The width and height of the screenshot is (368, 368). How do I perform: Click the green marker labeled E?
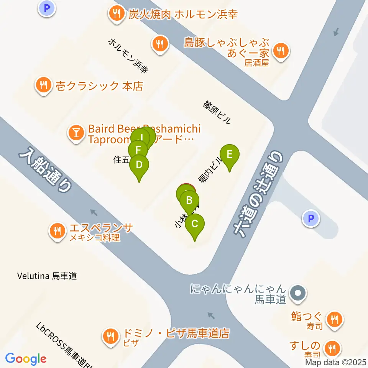[x=229, y=154]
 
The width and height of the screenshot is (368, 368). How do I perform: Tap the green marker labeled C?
[x=194, y=224]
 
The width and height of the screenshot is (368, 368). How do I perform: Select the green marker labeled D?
[x=139, y=165]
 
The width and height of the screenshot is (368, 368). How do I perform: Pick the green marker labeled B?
[x=189, y=200]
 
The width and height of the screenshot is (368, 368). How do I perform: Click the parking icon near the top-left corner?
[x=47, y=8]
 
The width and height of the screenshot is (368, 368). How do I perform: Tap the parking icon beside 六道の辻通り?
[x=311, y=219]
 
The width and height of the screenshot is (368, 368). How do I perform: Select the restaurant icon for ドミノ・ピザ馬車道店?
[x=111, y=336]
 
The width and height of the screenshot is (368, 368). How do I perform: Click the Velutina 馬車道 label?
[x=47, y=276]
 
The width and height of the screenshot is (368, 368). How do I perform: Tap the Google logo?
[x=26, y=359]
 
